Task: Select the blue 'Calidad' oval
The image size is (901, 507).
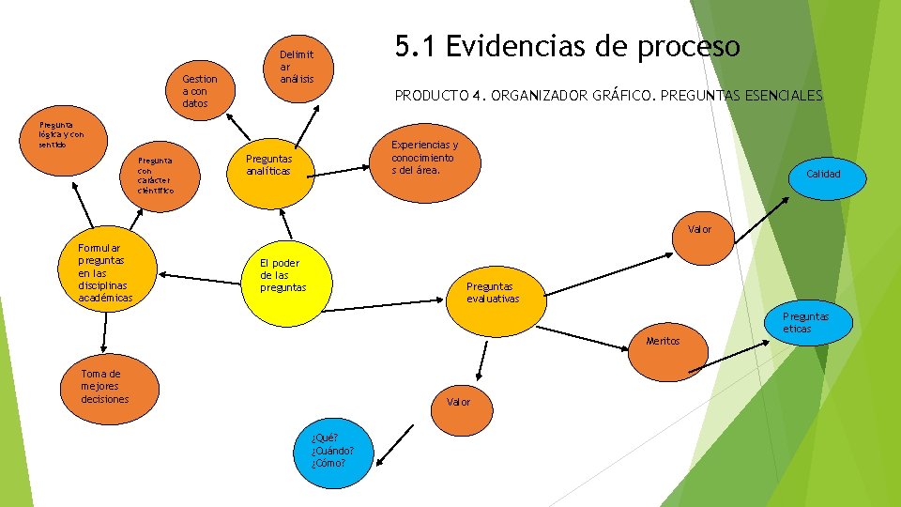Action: [823, 175]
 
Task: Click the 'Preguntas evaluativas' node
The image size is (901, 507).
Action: [494, 292]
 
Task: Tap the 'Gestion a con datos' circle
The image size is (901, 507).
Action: [200, 91]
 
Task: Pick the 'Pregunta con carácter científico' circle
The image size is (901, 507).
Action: [156, 173]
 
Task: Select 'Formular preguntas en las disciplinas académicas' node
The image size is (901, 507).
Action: [105, 271]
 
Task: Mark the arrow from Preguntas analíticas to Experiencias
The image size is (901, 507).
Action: [340, 169]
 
